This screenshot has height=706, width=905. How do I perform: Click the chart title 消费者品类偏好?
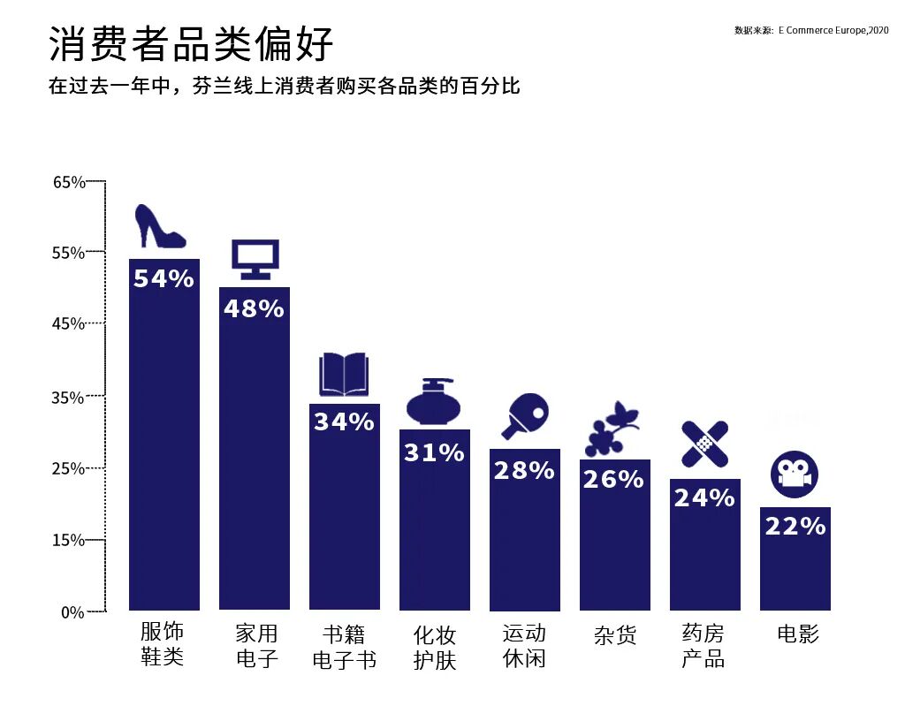(x=191, y=44)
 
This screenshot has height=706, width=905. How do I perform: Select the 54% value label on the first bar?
(x=164, y=279)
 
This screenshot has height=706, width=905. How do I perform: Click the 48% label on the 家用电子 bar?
(x=254, y=309)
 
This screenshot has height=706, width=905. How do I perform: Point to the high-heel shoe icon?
(x=159, y=227)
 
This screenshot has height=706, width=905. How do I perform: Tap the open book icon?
(x=344, y=375)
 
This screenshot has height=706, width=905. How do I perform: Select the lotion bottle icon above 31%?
(x=434, y=403)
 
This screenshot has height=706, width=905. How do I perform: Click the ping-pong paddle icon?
(x=524, y=415)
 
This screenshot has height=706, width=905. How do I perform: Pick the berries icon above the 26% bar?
(x=612, y=430)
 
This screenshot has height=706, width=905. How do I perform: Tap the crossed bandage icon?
(x=704, y=444)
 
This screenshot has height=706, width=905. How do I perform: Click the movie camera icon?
(x=794, y=475)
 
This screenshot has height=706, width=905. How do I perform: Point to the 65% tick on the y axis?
(x=69, y=183)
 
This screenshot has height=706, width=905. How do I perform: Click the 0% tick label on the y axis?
(x=72, y=611)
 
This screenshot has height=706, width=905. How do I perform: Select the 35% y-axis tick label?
(x=69, y=398)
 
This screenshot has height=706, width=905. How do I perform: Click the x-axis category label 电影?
(x=797, y=634)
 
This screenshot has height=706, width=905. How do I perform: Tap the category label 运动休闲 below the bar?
(x=524, y=646)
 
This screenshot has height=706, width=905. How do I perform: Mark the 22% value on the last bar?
(x=795, y=527)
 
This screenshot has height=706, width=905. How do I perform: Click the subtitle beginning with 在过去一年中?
(x=284, y=87)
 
